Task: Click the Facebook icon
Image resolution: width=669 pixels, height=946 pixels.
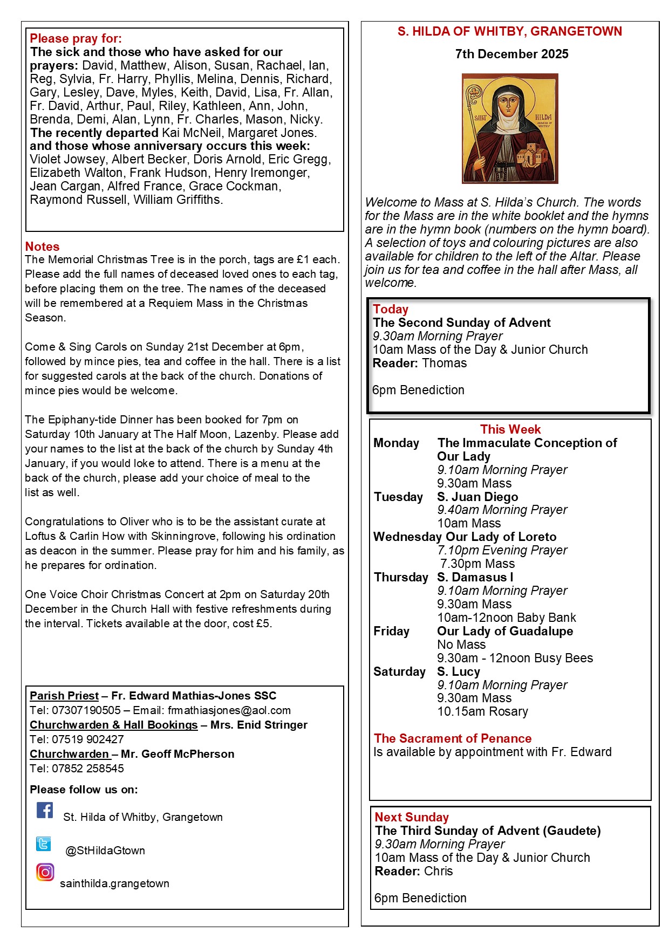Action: point(45,810)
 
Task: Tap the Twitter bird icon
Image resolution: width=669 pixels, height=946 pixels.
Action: point(44,844)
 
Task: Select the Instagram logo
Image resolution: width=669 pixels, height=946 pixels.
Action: point(45,872)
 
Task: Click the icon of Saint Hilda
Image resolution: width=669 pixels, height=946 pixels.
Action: point(510,128)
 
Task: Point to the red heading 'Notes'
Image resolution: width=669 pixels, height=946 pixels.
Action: point(42,246)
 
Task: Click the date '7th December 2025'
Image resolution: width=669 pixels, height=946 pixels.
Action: point(511,54)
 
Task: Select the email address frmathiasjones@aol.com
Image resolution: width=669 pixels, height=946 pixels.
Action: point(229,710)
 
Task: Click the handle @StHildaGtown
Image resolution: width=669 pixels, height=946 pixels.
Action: point(105,851)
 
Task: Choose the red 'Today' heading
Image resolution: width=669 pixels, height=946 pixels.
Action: point(391,309)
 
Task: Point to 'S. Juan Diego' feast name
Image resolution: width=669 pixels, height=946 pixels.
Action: point(477,497)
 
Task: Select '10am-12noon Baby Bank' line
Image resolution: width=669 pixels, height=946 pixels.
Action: point(506,618)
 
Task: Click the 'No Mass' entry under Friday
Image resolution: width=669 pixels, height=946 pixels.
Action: point(461,645)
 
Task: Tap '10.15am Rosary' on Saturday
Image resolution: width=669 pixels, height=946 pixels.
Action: point(482,711)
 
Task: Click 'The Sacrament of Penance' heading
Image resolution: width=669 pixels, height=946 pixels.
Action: point(453,738)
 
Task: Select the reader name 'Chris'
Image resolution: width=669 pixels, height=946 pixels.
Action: point(438,871)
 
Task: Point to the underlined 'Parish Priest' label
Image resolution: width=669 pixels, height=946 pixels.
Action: point(64,696)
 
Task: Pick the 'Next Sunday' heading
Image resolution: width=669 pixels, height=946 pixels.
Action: point(412,817)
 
